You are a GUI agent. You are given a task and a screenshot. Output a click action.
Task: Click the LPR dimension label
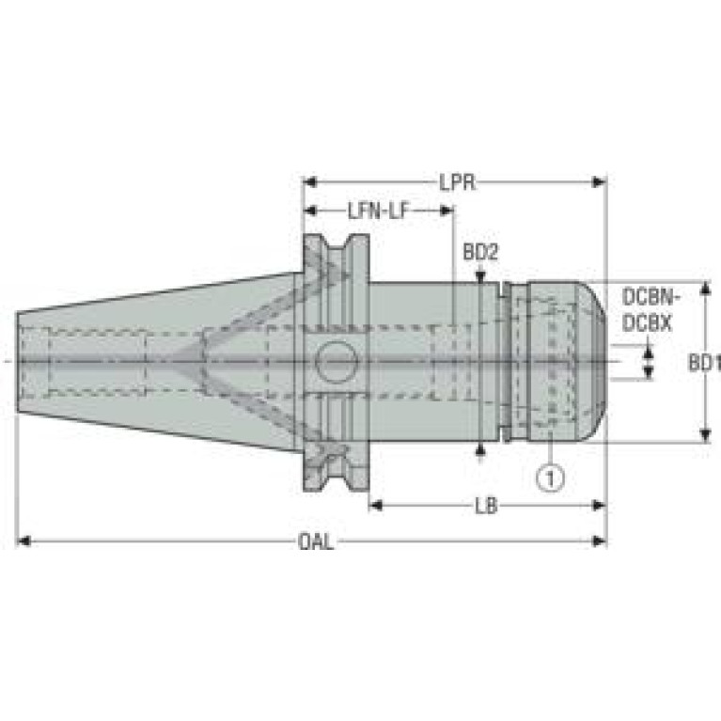(457, 182)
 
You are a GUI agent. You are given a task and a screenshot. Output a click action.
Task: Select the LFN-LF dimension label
(378, 212)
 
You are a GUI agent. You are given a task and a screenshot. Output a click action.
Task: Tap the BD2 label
(480, 252)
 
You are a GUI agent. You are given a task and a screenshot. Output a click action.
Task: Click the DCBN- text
(650, 297)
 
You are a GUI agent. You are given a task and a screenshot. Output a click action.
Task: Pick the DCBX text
(647, 323)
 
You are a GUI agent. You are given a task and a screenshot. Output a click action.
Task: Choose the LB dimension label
(486, 507)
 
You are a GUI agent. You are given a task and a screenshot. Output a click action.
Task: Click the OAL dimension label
(316, 541)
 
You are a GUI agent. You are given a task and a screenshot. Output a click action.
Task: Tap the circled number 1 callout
(551, 478)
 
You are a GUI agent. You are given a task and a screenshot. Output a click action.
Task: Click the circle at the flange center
(337, 362)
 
